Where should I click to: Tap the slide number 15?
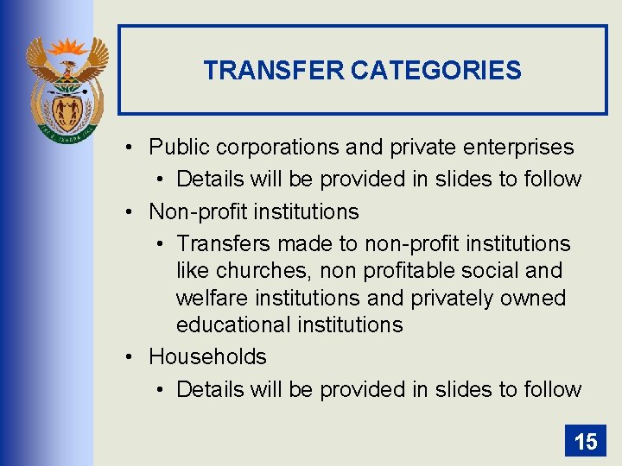(x=586, y=442)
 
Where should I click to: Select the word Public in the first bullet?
(x=178, y=147)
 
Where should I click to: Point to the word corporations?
(x=275, y=147)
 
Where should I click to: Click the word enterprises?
(x=523, y=147)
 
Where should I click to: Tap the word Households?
(x=207, y=356)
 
